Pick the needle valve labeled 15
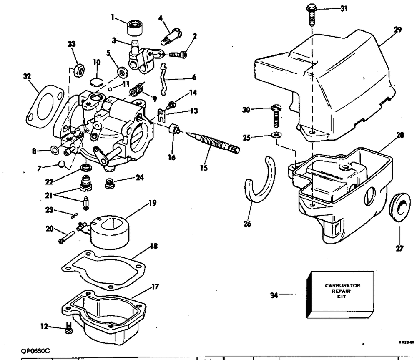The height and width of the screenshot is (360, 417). tap(213, 140)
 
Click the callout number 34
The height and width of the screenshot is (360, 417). tap(274, 295)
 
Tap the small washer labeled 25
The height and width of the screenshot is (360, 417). tap(275, 136)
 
